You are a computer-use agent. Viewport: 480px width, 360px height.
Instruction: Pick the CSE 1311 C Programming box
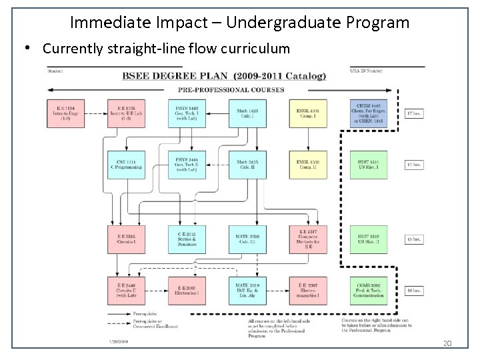pyautogui.click(x=126, y=165)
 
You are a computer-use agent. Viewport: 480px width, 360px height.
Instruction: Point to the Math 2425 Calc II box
pyautogui.click(x=247, y=165)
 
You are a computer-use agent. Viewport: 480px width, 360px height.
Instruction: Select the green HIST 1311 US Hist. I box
pyautogui.click(x=368, y=165)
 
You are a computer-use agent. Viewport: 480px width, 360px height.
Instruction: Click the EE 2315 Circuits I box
pyautogui.click(x=126, y=240)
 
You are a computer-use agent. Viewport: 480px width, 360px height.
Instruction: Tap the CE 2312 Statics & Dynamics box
pyautogui.click(x=187, y=240)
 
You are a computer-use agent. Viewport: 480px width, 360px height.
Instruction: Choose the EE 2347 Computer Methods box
pyautogui.click(x=307, y=240)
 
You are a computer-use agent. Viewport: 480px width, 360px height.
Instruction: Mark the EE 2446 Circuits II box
pyautogui.click(x=126, y=291)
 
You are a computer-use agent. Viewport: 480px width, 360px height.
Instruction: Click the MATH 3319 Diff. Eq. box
pyautogui.click(x=247, y=291)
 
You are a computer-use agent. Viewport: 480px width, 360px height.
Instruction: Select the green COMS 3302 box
pyautogui.click(x=368, y=291)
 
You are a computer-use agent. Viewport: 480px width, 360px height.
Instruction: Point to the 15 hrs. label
pyautogui.click(x=415, y=240)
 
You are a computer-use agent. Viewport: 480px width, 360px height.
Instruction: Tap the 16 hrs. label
pyautogui.click(x=415, y=291)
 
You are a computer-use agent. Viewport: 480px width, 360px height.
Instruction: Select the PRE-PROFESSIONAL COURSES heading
pyautogui.click(x=231, y=89)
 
